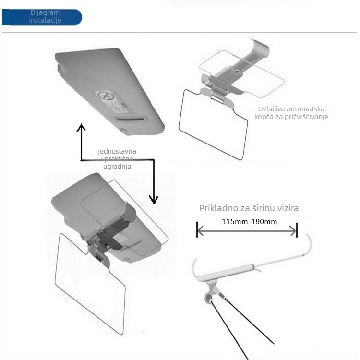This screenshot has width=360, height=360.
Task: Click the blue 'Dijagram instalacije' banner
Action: (42, 17)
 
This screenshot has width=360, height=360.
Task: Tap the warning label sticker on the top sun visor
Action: (114, 102)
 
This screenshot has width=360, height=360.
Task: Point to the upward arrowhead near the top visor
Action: (81, 127)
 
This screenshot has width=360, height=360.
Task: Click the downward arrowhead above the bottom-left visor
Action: (154, 200)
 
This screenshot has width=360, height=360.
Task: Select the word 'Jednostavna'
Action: (117, 151)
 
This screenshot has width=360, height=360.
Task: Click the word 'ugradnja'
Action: (117, 167)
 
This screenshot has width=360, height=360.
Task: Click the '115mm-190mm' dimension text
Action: (249, 222)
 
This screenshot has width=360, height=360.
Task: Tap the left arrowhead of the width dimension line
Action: (200, 231)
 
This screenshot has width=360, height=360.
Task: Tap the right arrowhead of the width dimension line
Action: (293, 231)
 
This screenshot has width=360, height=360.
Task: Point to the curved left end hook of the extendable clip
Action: (194, 269)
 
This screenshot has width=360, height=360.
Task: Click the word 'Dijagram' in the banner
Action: (45, 12)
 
